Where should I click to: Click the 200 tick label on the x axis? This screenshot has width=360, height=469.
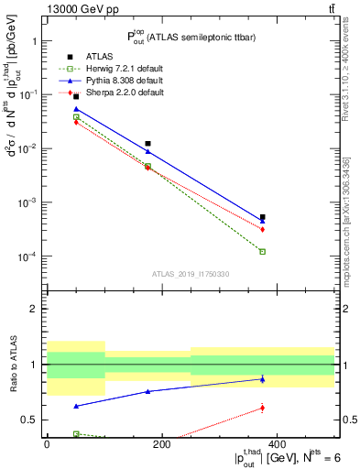click(161, 445)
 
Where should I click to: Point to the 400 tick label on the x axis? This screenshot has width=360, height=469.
click(277, 445)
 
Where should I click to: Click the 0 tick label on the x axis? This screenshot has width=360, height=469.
click(47, 445)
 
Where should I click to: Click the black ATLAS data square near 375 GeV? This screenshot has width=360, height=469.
click(262, 217)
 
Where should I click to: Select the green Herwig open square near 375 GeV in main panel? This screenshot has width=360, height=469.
click(262, 251)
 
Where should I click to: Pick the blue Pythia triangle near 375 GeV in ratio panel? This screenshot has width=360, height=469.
click(262, 378)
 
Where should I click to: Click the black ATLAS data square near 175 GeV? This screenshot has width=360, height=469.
click(147, 143)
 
